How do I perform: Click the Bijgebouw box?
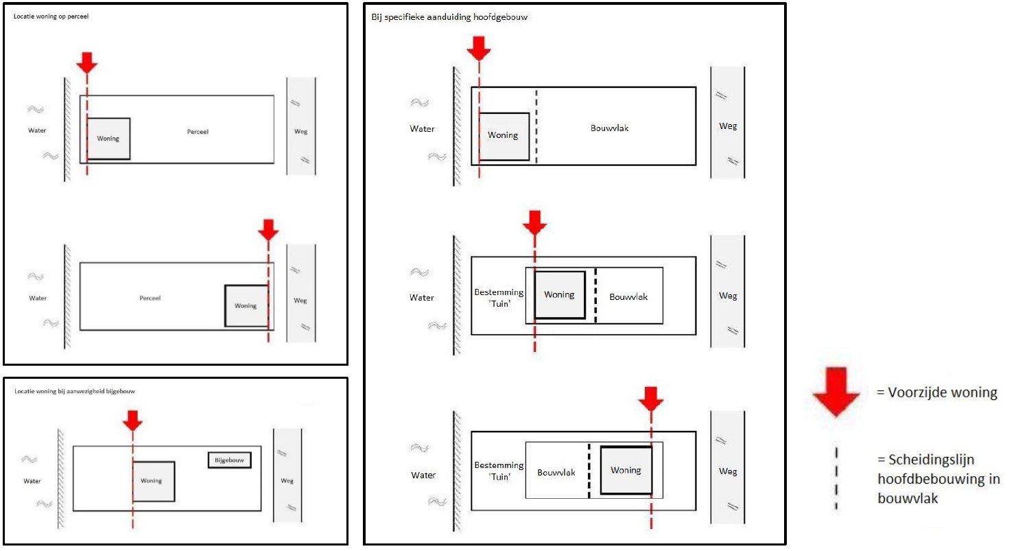[x=230, y=460]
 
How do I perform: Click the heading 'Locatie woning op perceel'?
[x=51, y=16]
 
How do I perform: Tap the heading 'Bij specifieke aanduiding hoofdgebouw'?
[x=449, y=17]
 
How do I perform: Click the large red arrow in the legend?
[x=836, y=391]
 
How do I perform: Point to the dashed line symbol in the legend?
[x=836, y=478]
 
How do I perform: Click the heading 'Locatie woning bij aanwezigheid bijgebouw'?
[x=75, y=391]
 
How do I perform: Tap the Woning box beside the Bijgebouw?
[x=154, y=482]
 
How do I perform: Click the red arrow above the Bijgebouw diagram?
[x=132, y=421]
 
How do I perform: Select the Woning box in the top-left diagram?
[x=108, y=139]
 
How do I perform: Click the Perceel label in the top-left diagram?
[x=198, y=132]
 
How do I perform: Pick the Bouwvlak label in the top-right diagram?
[x=609, y=128]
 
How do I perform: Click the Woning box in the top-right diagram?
[x=504, y=137]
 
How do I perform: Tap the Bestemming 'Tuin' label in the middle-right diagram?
[x=499, y=298]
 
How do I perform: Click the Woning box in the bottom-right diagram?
[x=626, y=471]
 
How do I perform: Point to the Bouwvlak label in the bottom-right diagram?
[x=556, y=473]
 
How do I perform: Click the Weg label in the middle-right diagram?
[x=728, y=296]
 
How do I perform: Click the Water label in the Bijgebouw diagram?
[x=32, y=481]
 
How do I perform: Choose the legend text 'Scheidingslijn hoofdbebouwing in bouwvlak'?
[x=939, y=479]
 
